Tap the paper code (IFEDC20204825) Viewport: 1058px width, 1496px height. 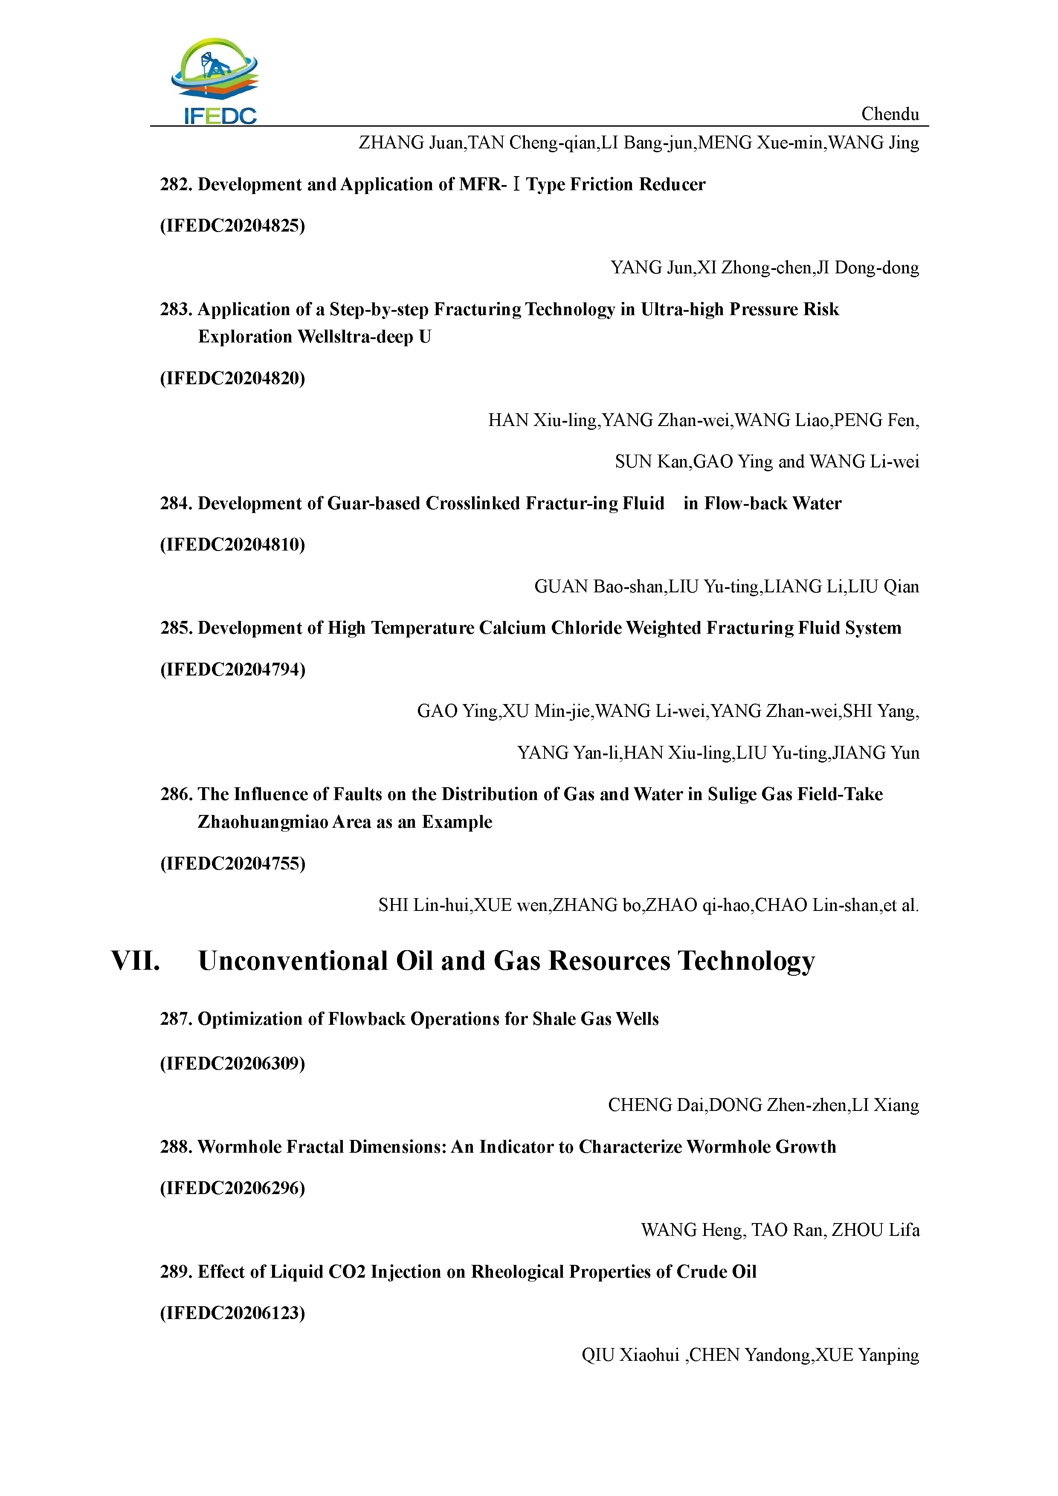click(x=232, y=226)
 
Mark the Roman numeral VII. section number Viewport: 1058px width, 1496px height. click(x=136, y=961)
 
